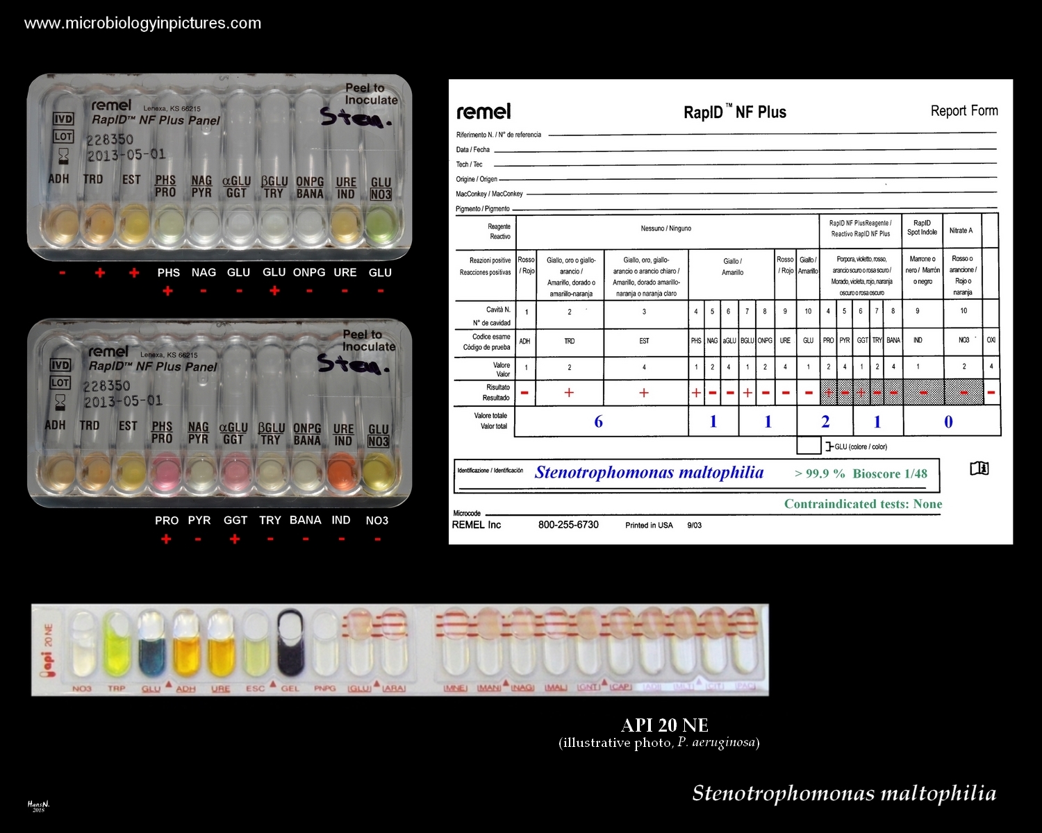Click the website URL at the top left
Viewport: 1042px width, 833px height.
coord(142,23)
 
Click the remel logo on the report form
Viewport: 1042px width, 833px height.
coord(483,112)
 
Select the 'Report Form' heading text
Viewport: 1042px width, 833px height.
coord(964,110)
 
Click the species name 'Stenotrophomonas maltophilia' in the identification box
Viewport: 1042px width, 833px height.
coord(649,473)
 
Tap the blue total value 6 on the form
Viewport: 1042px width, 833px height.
coord(598,422)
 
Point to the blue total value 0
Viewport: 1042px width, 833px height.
coord(948,422)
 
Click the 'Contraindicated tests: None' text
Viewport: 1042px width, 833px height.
coord(863,504)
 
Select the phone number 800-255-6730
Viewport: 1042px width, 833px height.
coord(568,525)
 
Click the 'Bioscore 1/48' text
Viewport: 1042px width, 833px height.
coord(890,473)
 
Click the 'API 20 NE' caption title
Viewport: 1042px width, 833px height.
coord(664,725)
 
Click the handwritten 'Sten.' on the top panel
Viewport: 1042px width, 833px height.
coord(355,118)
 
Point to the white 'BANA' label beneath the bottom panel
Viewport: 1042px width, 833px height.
coord(305,520)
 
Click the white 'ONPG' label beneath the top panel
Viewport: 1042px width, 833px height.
coord(309,272)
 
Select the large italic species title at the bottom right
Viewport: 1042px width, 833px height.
coord(843,793)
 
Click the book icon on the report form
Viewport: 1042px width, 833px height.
coord(979,469)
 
